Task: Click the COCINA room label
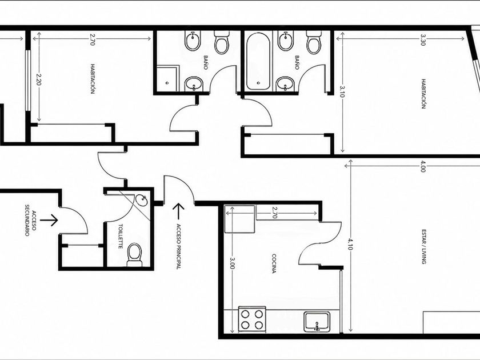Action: click(x=274, y=263)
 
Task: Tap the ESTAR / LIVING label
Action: click(x=424, y=246)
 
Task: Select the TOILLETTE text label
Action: click(x=121, y=237)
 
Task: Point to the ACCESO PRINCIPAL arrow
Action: click(x=178, y=211)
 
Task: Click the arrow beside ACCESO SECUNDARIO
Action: click(x=49, y=220)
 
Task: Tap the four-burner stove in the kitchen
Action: click(x=252, y=319)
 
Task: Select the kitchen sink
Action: click(x=317, y=321)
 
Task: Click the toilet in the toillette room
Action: click(x=134, y=255)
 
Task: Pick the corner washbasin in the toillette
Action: click(x=142, y=200)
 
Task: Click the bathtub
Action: click(x=258, y=62)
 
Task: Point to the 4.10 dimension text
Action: click(x=350, y=244)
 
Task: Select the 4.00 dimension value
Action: click(x=423, y=168)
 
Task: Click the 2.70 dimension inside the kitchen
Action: click(x=274, y=212)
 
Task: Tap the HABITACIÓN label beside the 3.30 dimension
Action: click(x=423, y=94)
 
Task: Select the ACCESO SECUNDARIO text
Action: click(x=30, y=220)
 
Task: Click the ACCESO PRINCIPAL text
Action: click(x=178, y=246)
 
